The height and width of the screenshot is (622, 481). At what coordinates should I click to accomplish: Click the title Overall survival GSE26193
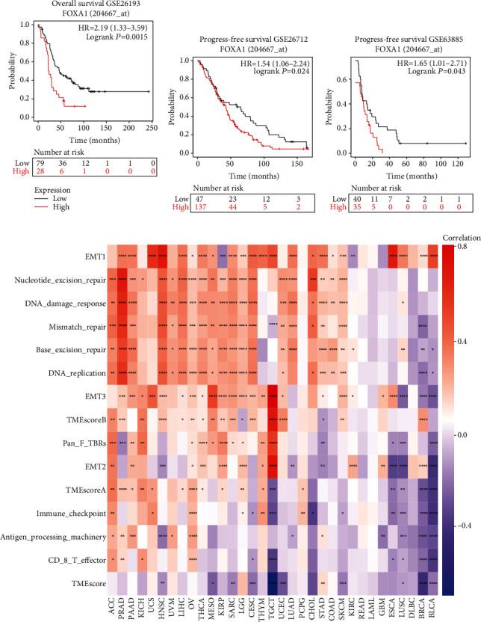point(87,4)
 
